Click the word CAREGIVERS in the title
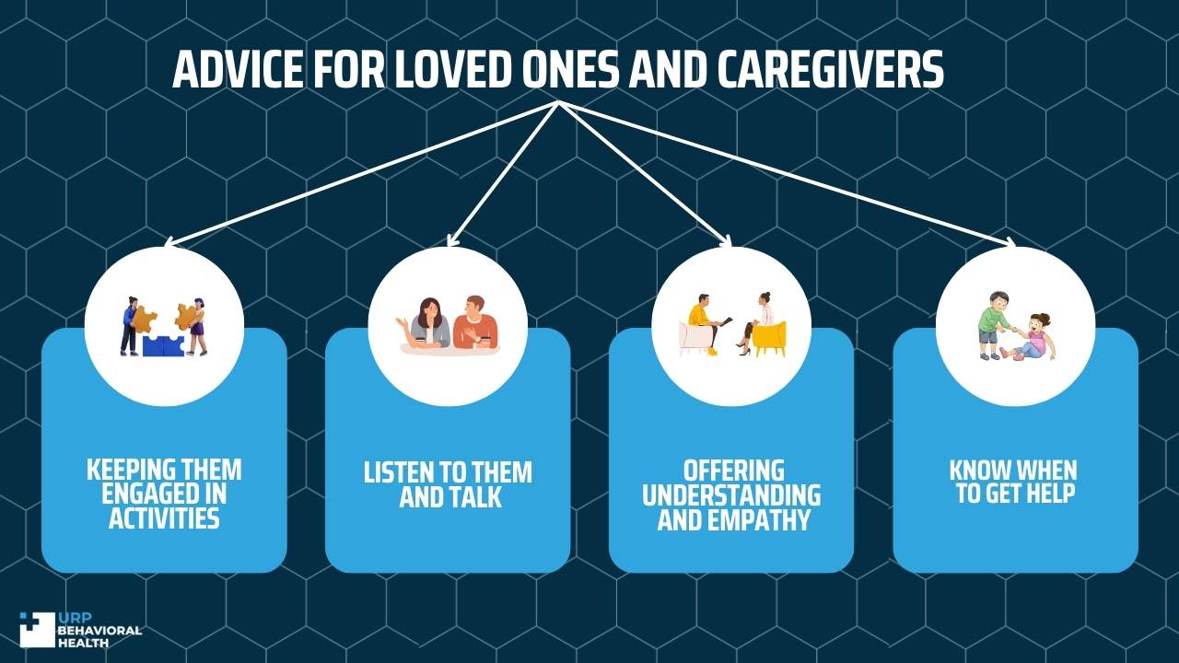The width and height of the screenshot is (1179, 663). coord(831,69)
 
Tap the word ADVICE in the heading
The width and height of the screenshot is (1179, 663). coord(238,69)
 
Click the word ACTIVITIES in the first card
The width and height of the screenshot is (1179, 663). coord(164,518)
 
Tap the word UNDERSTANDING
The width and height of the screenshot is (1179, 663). coord(731,495)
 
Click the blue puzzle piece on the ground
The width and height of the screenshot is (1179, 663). coord(163,345)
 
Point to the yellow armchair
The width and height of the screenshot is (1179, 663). coord(769,339)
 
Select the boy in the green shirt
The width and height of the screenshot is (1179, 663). coord(994,326)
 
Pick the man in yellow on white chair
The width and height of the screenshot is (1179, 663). coord(706,322)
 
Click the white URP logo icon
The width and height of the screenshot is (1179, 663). coord(38,629)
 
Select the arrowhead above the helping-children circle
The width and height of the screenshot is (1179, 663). coord(1010,242)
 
